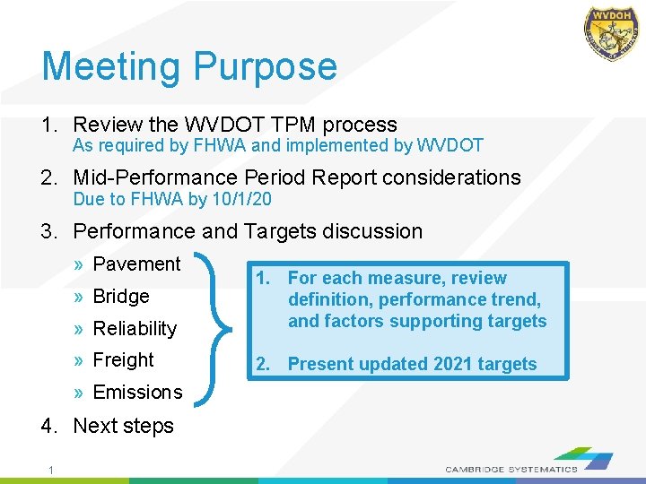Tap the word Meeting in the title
(x=112, y=67)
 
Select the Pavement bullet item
(x=136, y=264)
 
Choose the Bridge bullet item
(x=120, y=296)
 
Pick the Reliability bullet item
(x=135, y=328)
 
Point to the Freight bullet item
(x=123, y=360)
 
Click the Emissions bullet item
(x=137, y=393)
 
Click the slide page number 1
(x=53, y=471)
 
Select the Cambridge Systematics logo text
(x=511, y=469)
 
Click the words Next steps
(x=123, y=426)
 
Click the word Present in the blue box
(x=320, y=364)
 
